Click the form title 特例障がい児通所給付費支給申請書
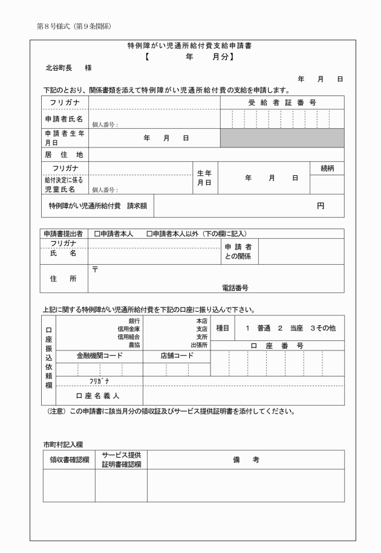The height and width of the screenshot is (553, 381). click(189, 45)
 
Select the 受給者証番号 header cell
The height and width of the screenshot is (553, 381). click(282, 103)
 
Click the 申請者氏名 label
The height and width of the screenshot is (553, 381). click(63, 118)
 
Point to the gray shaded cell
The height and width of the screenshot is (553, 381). click(282, 138)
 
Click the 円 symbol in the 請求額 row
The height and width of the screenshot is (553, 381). click(321, 205)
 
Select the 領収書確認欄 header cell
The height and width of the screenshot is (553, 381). click(69, 460)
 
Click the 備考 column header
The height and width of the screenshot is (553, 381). click(246, 460)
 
